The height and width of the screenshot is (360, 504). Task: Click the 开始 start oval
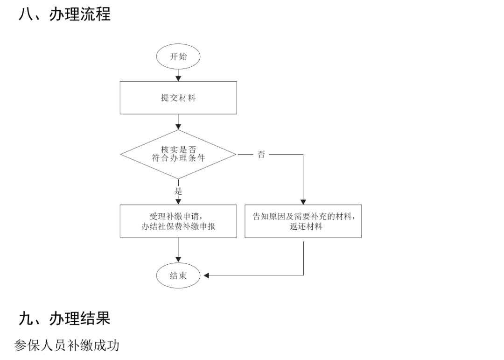click(178, 57)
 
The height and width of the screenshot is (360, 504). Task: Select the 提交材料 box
click(178, 98)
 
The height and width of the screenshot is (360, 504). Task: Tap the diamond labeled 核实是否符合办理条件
click(178, 154)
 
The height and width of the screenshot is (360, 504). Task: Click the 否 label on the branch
click(261, 155)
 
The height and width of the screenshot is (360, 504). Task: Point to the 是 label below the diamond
click(178, 191)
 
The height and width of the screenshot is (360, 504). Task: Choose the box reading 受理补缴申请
click(178, 221)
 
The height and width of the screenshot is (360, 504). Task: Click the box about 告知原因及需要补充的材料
click(303, 221)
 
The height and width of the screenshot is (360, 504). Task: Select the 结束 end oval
click(178, 275)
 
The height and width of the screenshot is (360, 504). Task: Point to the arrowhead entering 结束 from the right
click(207, 275)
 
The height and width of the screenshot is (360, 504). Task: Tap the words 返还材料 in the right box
click(303, 227)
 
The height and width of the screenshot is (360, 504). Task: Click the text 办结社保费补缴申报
click(178, 227)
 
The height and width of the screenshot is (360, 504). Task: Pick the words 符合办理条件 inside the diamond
click(178, 158)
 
